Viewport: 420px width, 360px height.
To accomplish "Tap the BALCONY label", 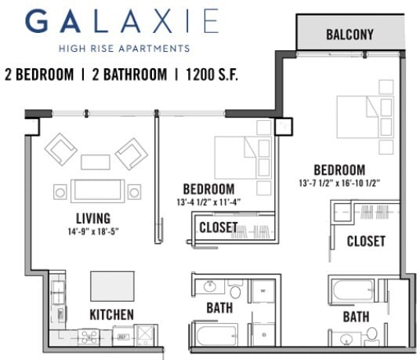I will coord(349,35).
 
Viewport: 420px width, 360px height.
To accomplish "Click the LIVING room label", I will coord(92,217).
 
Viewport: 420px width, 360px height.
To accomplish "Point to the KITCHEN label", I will coord(111,315).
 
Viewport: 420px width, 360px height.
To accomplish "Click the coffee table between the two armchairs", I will coord(95,162).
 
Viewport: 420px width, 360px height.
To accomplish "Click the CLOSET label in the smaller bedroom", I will coord(218,227).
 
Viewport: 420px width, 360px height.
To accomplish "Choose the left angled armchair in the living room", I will coord(60,148).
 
